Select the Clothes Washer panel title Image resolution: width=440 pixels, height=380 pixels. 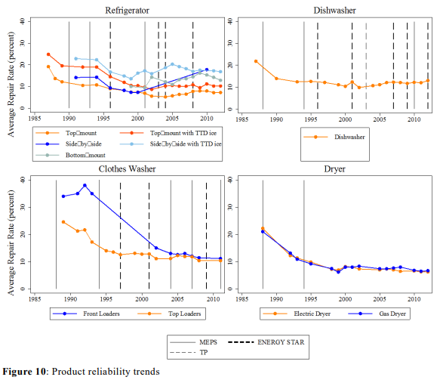point(127,169)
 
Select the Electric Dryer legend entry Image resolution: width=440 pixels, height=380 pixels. point(296,312)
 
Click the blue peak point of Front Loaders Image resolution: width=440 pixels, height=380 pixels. point(85,185)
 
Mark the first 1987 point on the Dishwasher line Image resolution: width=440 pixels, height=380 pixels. point(256,61)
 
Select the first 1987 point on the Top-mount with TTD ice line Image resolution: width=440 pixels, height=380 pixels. point(48,54)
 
